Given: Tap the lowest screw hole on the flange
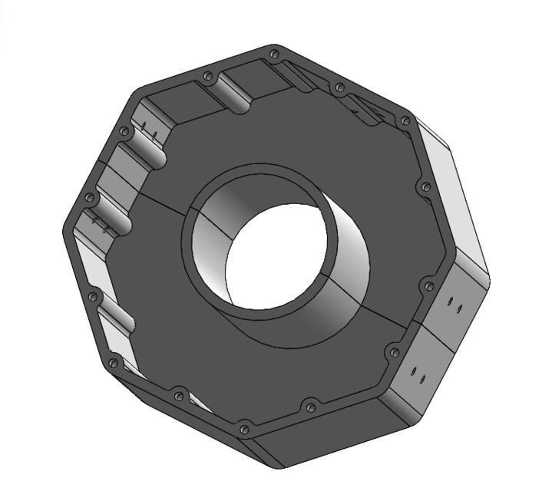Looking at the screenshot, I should pyautogui.click(x=244, y=430).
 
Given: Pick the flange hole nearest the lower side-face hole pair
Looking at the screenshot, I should pyautogui.click(x=395, y=352).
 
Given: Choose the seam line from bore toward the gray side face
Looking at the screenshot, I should pyautogui.click(x=376, y=311).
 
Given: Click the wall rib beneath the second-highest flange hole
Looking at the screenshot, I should pyautogui.click(x=234, y=96).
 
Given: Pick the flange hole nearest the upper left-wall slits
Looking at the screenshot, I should pyautogui.click(x=123, y=131).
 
